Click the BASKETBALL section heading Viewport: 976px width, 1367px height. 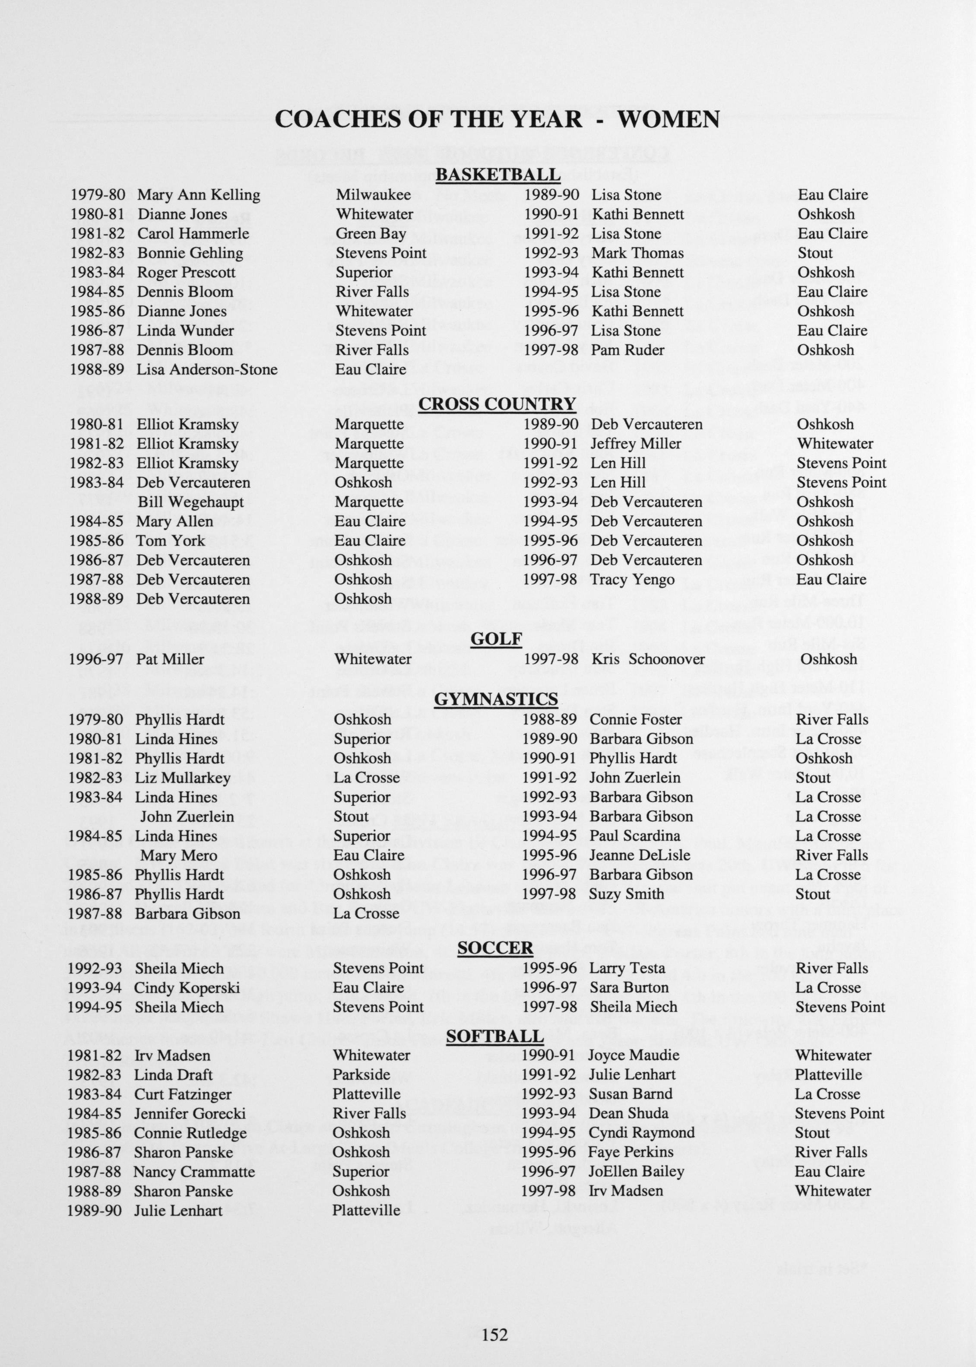pos(497,175)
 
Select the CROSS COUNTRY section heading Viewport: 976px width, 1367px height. pos(497,404)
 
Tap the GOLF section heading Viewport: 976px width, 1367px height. pos(496,639)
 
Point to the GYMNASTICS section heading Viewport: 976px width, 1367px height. pos(496,699)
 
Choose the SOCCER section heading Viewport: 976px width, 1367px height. pos(495,948)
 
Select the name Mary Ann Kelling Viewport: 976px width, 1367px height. pos(198,195)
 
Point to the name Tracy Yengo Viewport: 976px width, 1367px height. pos(632,579)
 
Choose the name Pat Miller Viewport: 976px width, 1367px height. pos(170,659)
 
